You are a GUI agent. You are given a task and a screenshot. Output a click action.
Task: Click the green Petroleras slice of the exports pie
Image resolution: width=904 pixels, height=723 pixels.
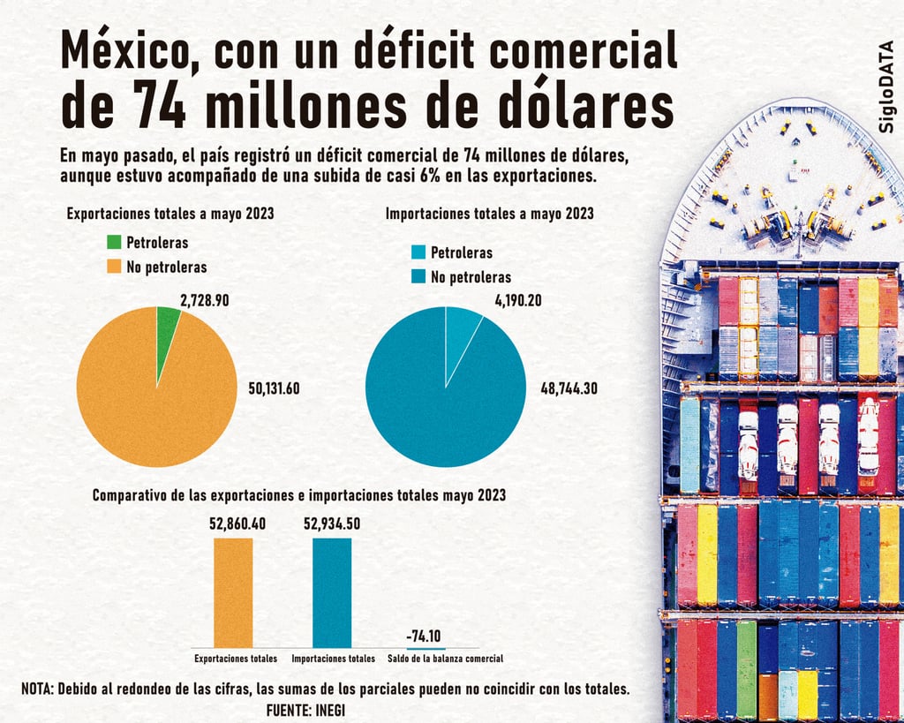(167, 323)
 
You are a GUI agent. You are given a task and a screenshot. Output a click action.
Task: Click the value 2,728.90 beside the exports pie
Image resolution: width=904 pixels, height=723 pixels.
(204, 301)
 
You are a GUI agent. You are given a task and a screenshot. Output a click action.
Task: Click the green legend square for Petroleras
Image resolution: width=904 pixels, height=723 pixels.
(114, 242)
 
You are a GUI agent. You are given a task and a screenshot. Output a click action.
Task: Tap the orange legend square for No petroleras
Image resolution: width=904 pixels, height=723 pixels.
(114, 266)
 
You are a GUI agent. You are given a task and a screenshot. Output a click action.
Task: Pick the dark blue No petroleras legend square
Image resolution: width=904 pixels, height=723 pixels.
(418, 277)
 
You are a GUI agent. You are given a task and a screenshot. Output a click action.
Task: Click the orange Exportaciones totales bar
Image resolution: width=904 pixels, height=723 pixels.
(233, 592)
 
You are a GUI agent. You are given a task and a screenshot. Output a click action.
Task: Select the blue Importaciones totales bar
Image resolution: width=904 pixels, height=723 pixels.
(332, 592)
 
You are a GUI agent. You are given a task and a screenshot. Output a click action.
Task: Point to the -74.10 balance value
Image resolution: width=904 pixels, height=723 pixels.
(425, 636)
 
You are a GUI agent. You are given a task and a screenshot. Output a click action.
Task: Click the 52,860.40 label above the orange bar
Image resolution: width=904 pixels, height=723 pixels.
(237, 523)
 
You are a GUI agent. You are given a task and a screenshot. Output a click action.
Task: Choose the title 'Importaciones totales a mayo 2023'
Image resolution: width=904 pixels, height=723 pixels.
(489, 213)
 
